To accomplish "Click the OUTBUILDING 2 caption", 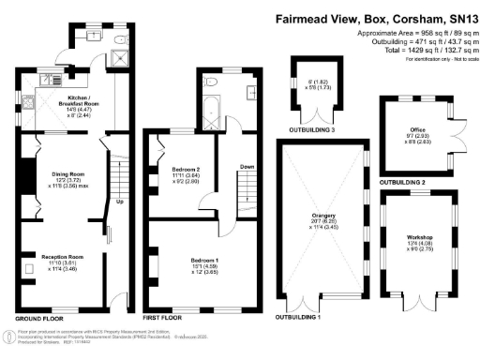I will pos(402,181).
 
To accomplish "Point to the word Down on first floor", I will pos(247,166).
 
